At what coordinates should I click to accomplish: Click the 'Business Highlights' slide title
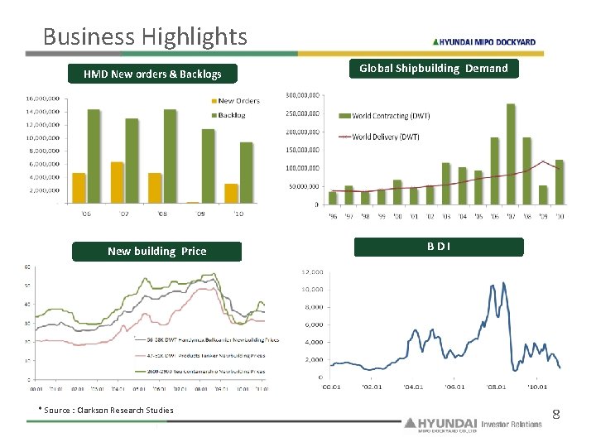click(145, 36)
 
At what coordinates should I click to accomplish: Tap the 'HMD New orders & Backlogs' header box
click(152, 74)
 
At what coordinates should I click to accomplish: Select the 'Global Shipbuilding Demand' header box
click(434, 68)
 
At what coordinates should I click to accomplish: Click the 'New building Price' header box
click(157, 251)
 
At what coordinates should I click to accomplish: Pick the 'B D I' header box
click(439, 247)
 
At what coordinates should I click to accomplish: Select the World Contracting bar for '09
click(543, 195)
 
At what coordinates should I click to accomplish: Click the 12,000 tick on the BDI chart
click(311, 272)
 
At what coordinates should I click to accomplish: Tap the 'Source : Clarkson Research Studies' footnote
click(106, 410)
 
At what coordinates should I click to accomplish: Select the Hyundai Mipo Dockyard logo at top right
click(484, 41)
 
